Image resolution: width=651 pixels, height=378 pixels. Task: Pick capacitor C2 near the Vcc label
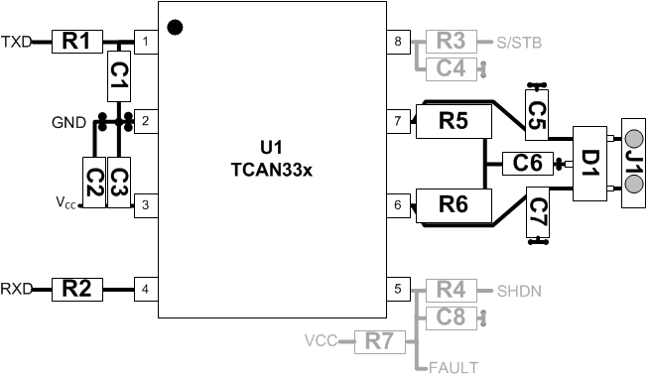[x=93, y=182]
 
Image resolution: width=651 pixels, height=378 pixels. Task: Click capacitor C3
[x=118, y=182]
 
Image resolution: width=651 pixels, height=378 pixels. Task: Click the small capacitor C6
[x=527, y=163]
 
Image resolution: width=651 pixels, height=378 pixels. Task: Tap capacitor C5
[x=537, y=112]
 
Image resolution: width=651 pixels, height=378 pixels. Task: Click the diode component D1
[x=589, y=163]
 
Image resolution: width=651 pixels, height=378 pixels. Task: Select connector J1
[x=633, y=163]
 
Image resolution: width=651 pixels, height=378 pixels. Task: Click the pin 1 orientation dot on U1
[x=176, y=27]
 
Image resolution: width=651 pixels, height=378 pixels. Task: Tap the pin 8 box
[x=398, y=42]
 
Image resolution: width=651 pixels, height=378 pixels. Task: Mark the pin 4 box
[x=146, y=290]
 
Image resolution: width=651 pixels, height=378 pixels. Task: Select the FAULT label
[x=454, y=368]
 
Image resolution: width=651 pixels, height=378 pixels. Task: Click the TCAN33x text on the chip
[x=271, y=170]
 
